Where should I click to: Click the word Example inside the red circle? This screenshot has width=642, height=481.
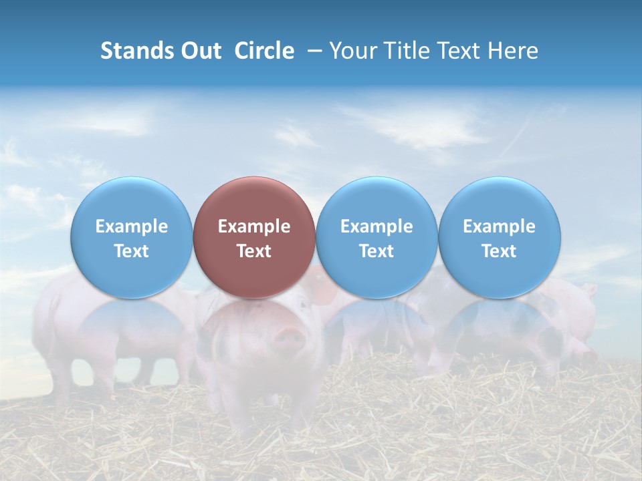tap(254, 226)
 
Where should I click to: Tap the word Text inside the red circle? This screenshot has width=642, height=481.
tap(254, 251)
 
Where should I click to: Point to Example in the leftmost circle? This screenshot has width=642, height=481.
tap(132, 226)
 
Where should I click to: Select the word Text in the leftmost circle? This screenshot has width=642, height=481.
tap(132, 251)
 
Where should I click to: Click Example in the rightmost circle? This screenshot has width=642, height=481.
tap(500, 226)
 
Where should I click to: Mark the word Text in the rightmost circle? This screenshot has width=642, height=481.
tap(500, 251)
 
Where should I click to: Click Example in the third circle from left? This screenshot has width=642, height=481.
tap(377, 226)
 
